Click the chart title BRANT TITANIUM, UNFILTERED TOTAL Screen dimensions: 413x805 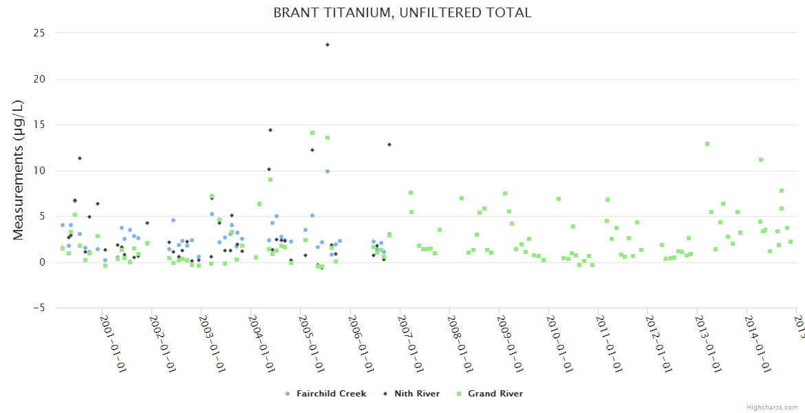(x=402, y=13)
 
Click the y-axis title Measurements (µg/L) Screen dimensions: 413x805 (x=19, y=170)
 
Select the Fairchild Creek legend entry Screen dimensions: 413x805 (x=331, y=394)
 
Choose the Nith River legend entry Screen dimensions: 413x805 (x=417, y=394)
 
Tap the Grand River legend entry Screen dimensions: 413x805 (x=495, y=394)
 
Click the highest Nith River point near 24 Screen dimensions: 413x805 (x=328, y=45)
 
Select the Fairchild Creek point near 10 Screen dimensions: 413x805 (x=328, y=171)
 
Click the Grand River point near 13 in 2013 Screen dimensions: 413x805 (x=707, y=144)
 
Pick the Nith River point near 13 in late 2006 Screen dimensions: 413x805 (x=389, y=145)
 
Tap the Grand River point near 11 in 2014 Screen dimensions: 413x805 (x=761, y=160)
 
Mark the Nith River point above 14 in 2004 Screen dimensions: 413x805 (x=270, y=130)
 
